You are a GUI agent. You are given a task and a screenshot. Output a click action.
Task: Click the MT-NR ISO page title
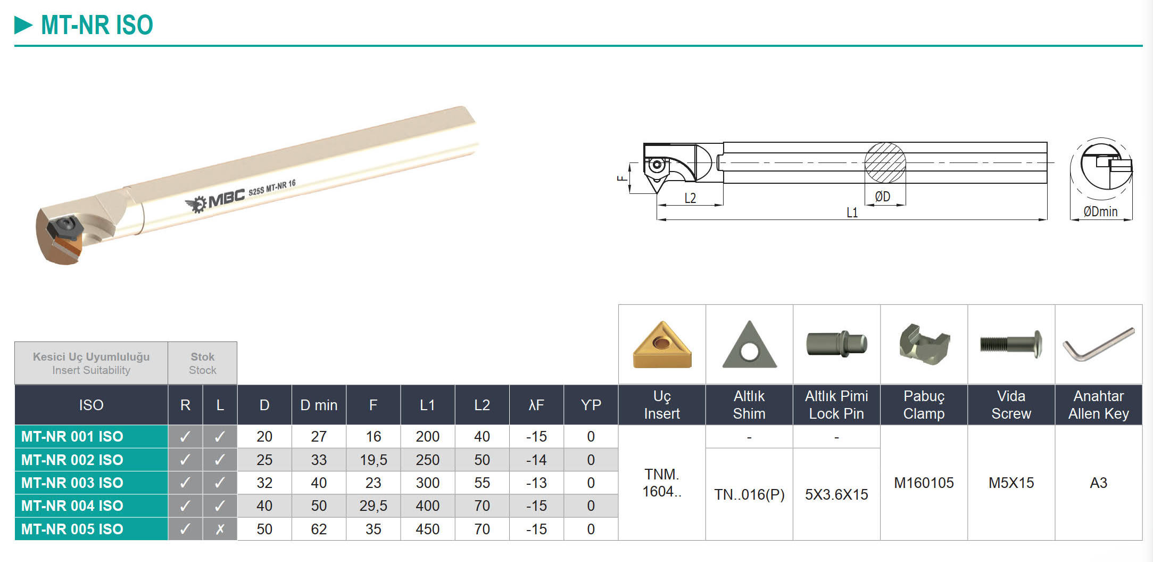(x=97, y=25)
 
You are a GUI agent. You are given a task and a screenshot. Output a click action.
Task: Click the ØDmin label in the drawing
(x=1100, y=211)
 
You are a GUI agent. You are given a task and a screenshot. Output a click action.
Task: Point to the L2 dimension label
(x=690, y=198)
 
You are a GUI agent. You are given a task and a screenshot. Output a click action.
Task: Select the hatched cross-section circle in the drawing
(x=885, y=163)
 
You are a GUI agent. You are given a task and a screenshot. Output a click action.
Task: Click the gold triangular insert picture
(x=662, y=345)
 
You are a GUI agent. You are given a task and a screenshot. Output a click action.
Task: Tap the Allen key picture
(x=1098, y=344)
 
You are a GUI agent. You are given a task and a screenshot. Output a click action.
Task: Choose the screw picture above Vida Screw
(x=1010, y=344)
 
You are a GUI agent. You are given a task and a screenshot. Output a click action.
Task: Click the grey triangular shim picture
(x=749, y=345)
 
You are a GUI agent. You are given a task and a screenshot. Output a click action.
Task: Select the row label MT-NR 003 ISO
(x=72, y=483)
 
